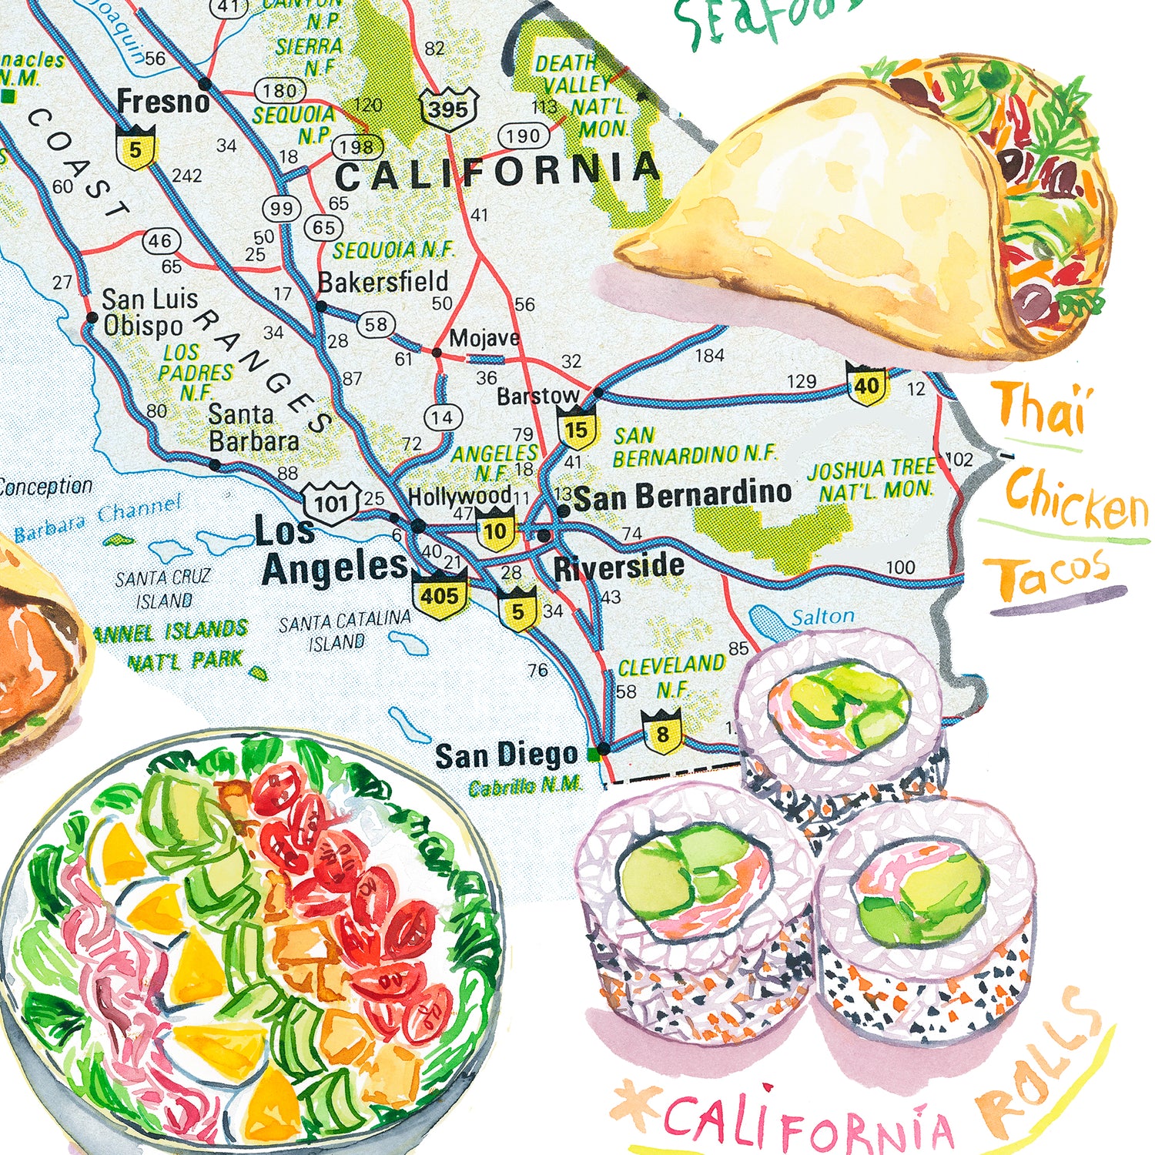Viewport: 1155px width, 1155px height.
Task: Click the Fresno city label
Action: point(162,101)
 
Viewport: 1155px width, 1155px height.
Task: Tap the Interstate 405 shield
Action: point(440,595)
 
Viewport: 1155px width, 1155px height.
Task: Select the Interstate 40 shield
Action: point(867,385)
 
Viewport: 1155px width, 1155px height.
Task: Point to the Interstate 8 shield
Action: point(662,733)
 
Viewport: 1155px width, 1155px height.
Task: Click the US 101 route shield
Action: point(331,504)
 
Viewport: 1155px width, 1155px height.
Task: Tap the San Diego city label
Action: point(506,755)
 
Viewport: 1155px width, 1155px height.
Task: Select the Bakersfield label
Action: point(383,283)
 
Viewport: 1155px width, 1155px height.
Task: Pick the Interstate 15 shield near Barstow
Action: point(577,430)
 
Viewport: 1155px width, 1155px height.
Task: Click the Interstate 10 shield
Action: point(495,531)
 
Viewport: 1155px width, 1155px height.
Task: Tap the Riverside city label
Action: point(619,567)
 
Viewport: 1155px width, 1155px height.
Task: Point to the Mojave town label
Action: point(484,338)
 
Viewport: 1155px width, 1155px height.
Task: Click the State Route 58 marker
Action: point(376,324)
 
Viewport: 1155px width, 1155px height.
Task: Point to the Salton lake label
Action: point(822,617)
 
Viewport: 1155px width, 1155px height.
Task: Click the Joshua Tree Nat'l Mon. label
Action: point(872,479)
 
